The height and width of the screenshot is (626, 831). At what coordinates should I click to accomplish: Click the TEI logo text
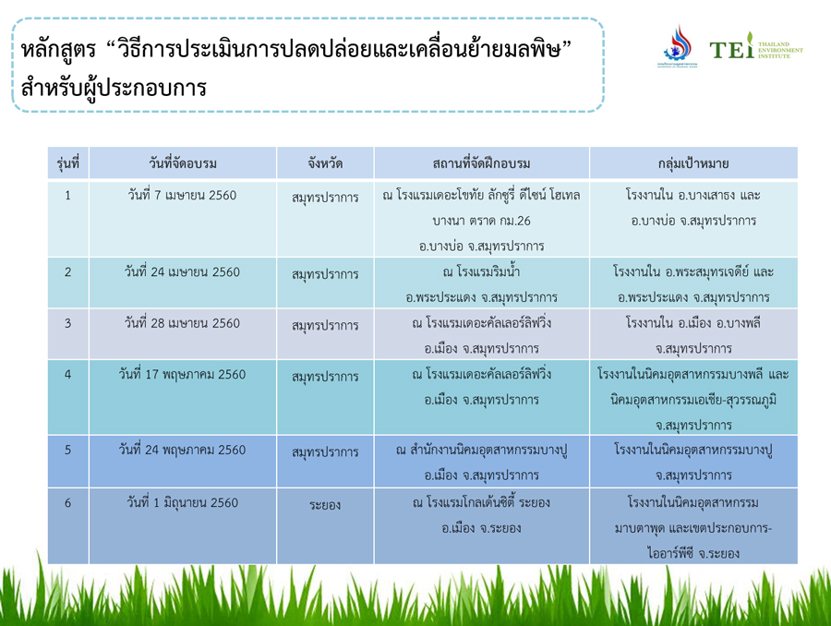[731, 49]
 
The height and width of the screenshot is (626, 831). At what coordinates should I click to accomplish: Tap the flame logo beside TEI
[677, 44]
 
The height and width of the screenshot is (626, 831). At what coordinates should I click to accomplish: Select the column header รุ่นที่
[67, 163]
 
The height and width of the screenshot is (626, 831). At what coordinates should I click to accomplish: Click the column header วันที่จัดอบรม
[182, 163]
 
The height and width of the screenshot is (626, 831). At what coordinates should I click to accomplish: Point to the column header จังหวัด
[325, 163]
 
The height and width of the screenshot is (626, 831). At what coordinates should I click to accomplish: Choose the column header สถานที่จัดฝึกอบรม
[481, 163]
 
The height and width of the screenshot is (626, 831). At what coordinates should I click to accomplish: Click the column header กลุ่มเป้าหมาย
[693, 163]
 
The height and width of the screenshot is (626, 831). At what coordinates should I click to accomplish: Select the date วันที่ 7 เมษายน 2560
[182, 196]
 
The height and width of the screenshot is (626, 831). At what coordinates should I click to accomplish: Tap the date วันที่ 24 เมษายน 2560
[182, 272]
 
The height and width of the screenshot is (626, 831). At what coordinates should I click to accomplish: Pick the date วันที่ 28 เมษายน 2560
[182, 323]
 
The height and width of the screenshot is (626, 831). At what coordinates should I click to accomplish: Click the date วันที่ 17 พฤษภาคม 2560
[182, 375]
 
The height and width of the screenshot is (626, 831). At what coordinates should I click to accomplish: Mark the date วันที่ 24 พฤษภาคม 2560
[182, 450]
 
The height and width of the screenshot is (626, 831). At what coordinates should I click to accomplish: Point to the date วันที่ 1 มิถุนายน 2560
[182, 502]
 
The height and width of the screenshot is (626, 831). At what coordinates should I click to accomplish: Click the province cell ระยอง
[325, 505]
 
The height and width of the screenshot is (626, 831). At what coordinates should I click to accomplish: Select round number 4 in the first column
[67, 375]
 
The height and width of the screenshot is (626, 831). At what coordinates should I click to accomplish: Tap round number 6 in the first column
[67, 502]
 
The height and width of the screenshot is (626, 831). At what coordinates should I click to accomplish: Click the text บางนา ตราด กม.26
[481, 221]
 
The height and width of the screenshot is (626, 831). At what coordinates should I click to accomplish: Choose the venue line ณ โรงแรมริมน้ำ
[481, 272]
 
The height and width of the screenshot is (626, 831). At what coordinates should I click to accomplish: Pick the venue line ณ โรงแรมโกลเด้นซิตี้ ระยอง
[481, 502]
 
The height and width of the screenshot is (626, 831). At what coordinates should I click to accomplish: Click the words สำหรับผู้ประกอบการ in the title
[114, 88]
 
